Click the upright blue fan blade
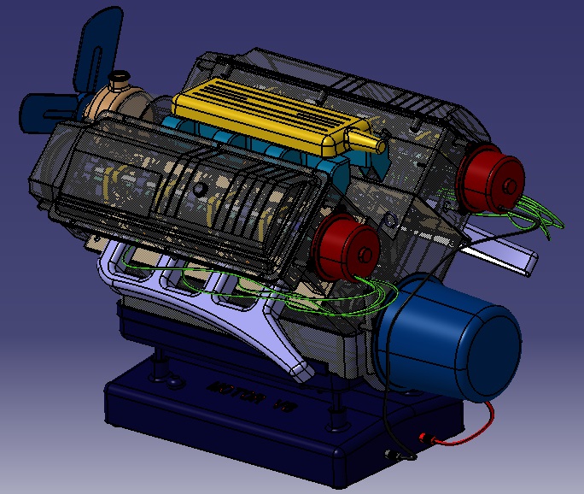pos(96,47)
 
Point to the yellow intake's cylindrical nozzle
pos(369,139)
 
